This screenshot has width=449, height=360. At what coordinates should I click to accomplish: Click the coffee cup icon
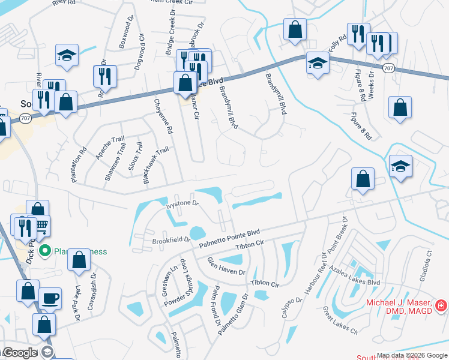(50, 298)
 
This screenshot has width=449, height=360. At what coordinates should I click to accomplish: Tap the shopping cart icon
(41, 226)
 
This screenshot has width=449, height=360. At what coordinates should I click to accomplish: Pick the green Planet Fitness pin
(43, 251)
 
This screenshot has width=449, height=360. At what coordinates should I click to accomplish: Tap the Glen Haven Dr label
(226, 265)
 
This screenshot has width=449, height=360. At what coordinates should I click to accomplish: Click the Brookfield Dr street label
(171, 240)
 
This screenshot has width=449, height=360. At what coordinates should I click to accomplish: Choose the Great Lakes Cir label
(340, 320)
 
